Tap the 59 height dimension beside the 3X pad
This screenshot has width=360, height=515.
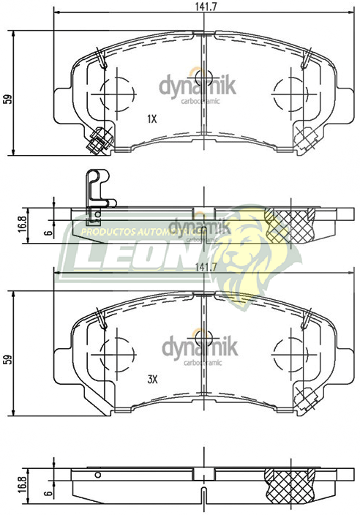[7, 359]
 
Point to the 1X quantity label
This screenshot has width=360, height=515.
[152, 119]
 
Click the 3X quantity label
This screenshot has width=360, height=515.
[152, 379]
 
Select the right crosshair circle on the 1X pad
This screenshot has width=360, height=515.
[287, 94]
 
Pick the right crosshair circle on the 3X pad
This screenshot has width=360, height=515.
[287, 356]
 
